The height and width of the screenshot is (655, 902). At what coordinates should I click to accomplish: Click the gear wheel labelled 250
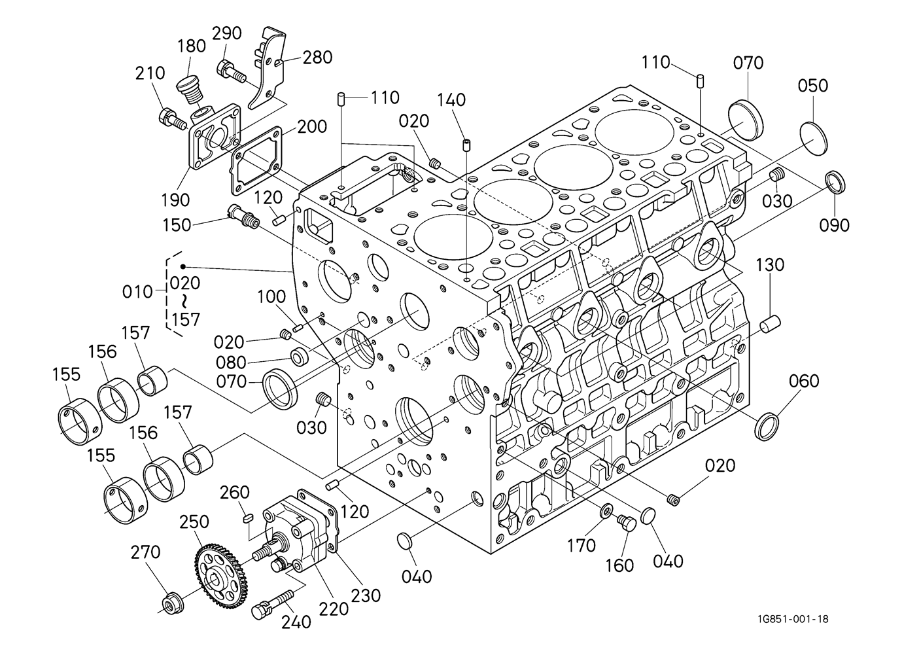(x=220, y=573)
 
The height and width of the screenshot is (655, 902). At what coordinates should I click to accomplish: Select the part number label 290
(x=227, y=33)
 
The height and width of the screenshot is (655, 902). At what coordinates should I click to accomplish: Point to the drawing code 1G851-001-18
(x=793, y=619)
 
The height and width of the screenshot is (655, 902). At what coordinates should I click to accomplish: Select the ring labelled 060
(x=767, y=426)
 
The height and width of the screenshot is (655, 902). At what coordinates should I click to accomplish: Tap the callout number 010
(x=137, y=292)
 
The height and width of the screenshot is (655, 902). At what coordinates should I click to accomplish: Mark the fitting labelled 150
(x=244, y=217)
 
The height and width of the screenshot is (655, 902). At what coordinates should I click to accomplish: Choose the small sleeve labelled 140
(x=466, y=145)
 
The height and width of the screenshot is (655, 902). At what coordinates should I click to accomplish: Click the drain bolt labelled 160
(x=627, y=523)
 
